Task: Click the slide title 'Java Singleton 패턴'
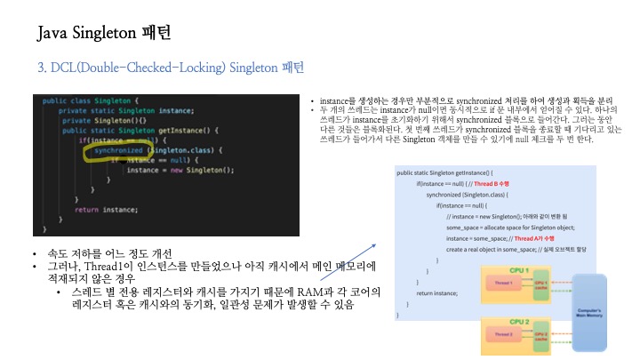(x=104, y=35)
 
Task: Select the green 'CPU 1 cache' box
(x=541, y=284)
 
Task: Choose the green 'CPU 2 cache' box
(x=541, y=336)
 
